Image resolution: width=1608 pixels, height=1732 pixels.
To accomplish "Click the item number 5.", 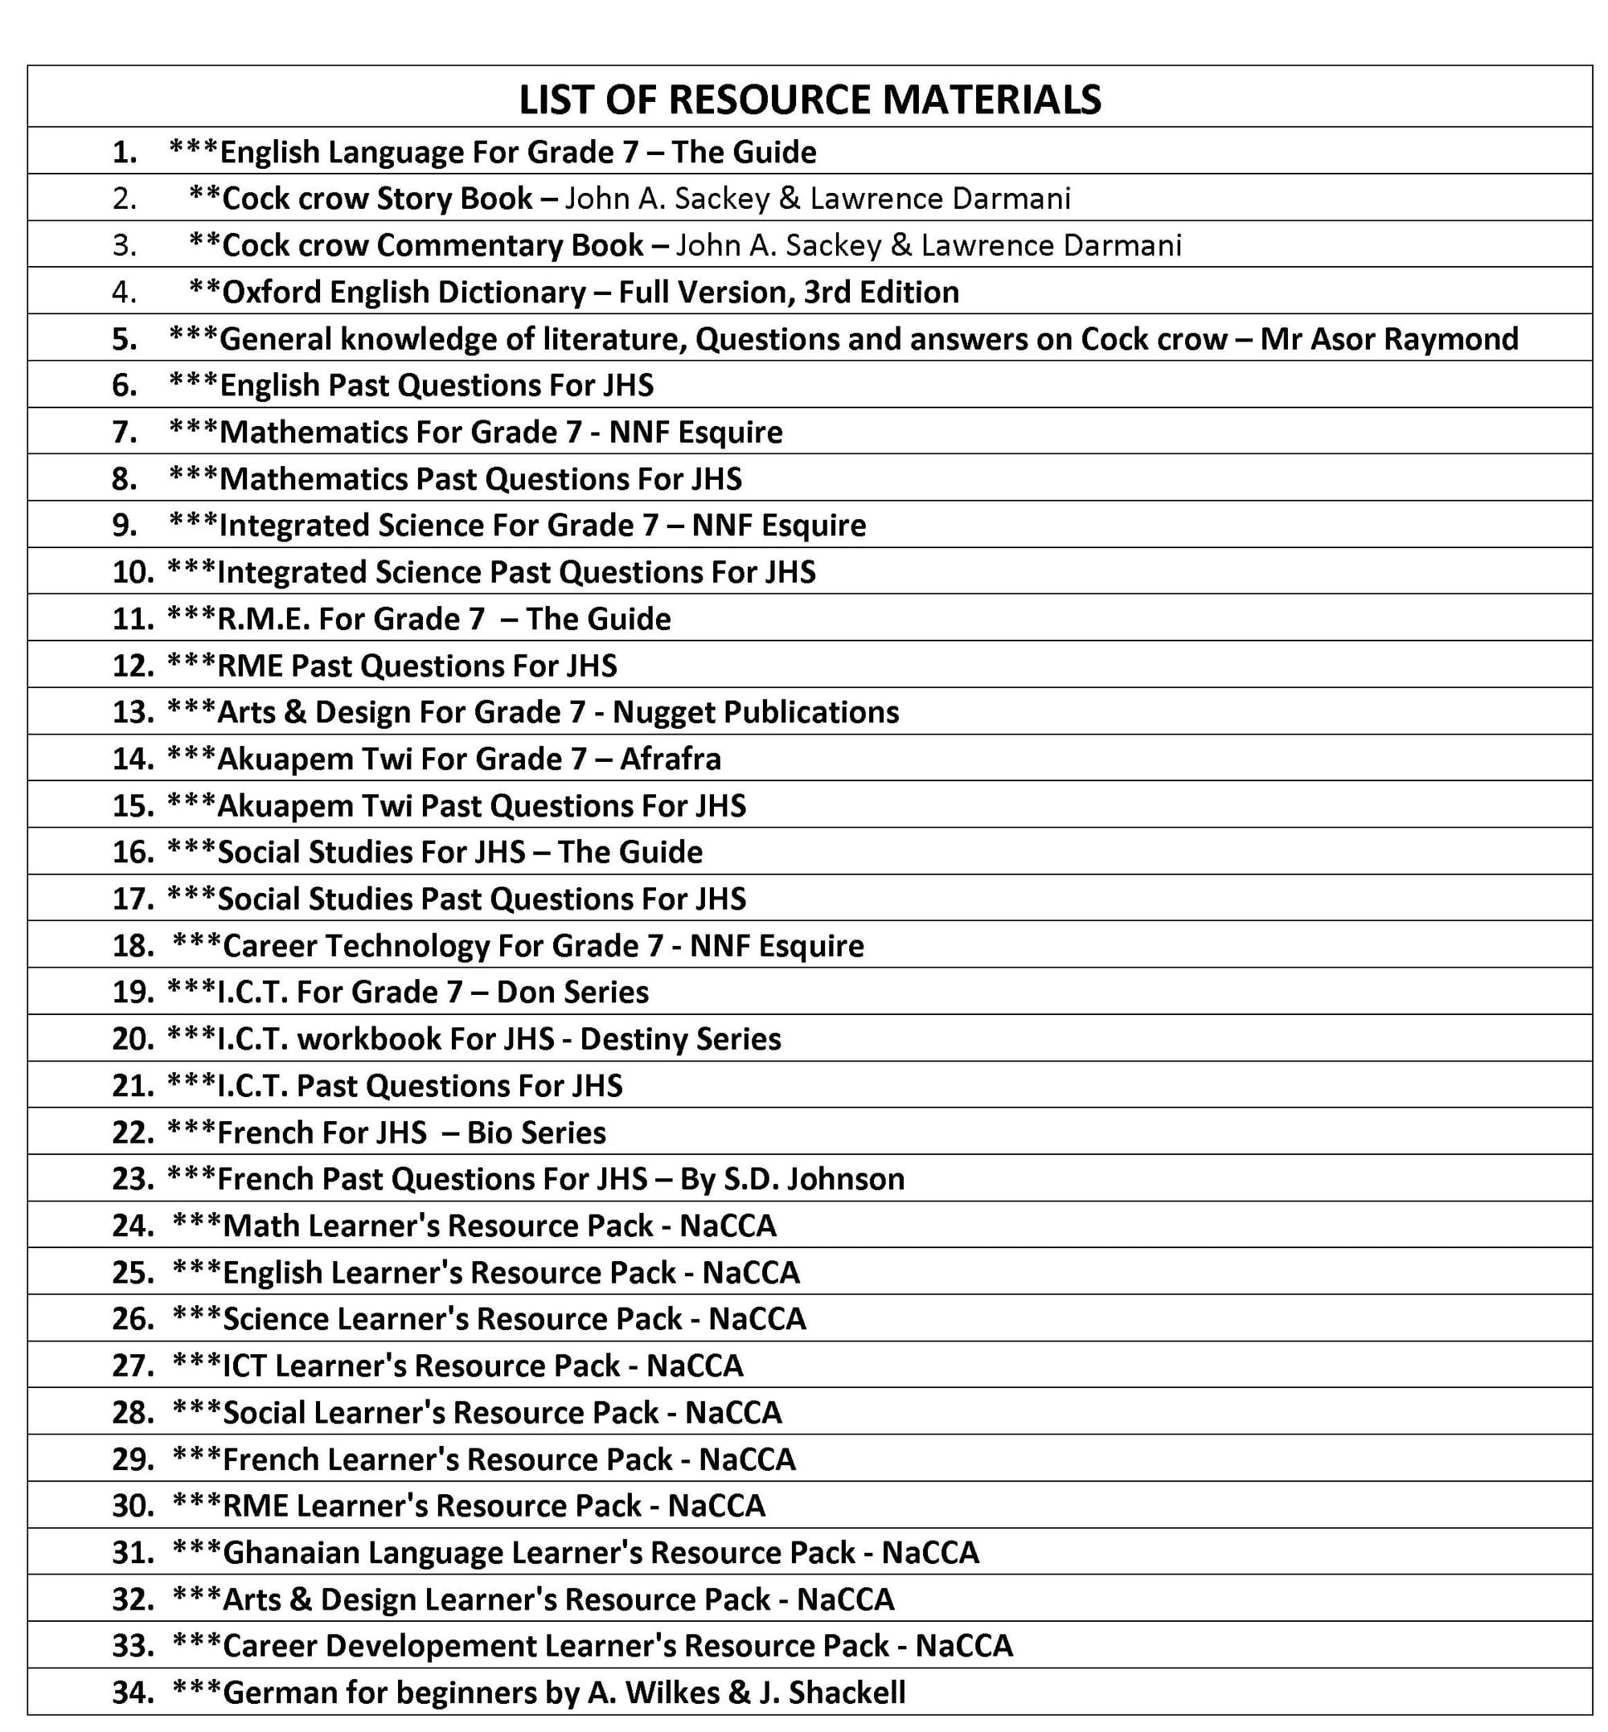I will click(125, 338).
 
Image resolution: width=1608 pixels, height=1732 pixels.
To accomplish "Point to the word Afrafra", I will click(670, 760).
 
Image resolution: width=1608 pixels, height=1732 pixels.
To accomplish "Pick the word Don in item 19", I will click(521, 993).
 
